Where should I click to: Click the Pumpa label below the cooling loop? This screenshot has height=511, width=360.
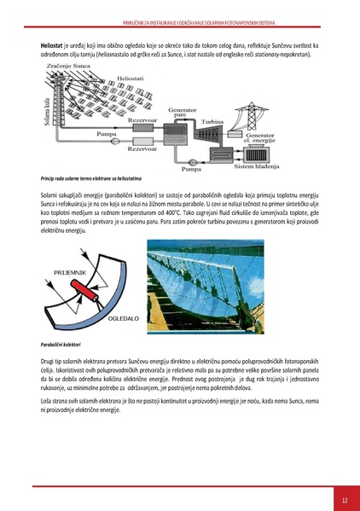191,169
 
